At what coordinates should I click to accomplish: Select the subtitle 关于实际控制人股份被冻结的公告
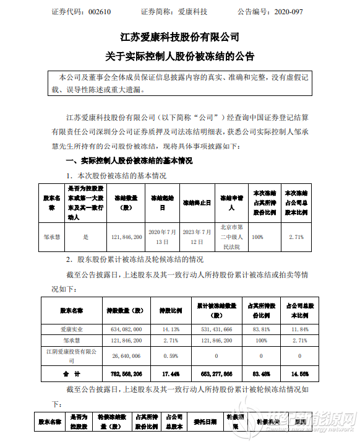click(x=180, y=56)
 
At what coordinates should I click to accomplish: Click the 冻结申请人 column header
click(x=231, y=203)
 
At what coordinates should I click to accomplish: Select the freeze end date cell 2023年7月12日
click(x=197, y=236)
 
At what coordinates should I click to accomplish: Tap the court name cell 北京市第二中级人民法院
click(x=231, y=236)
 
